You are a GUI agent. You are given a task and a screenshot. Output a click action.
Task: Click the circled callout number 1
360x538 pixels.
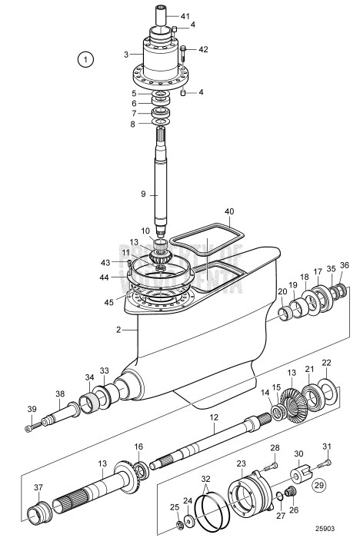87,58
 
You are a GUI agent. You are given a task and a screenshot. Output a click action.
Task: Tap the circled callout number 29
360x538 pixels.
317,486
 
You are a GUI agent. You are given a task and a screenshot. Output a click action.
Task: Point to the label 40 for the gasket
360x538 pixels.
228,211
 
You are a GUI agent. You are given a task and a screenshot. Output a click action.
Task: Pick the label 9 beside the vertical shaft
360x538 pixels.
143,194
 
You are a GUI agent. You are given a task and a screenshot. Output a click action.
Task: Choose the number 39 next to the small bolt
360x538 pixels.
32,409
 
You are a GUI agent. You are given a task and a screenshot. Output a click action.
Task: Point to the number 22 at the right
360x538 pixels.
326,363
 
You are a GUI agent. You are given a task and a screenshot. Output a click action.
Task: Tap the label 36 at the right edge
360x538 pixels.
344,266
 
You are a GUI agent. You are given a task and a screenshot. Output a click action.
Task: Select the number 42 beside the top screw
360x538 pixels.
203,49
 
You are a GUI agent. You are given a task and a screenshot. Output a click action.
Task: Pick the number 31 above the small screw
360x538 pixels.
326,447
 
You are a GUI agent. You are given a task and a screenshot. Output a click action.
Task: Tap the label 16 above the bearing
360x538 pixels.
138,447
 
